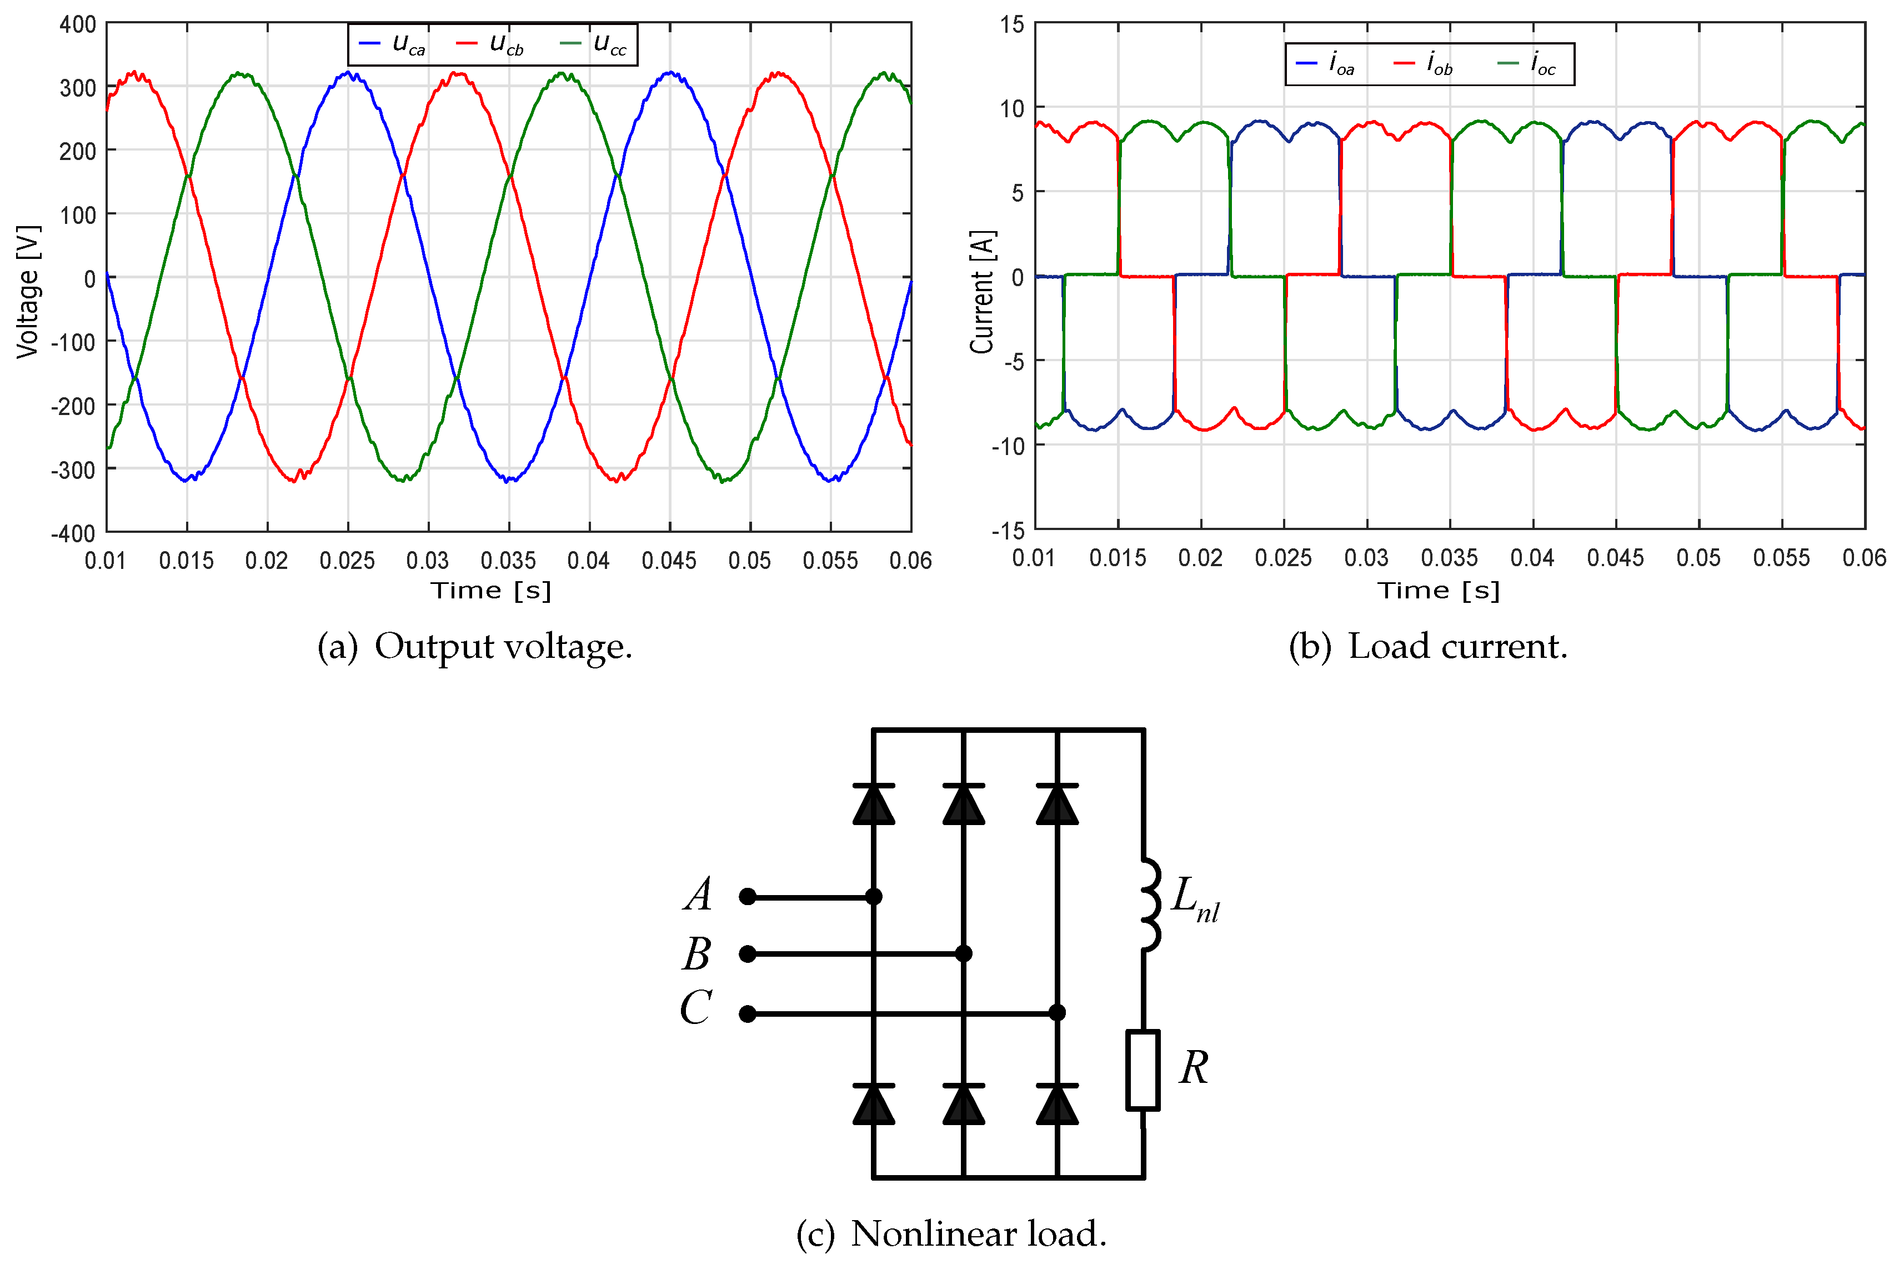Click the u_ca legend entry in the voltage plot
pyautogui.click(x=393, y=44)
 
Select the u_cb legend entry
pyautogui.click(x=490, y=44)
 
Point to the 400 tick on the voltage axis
pyautogui.click(x=78, y=24)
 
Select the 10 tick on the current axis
pyautogui.click(x=1011, y=108)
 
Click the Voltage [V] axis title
pyautogui.click(x=28, y=291)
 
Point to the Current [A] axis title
pyautogui.click(x=982, y=291)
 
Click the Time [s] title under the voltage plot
pyautogui.click(x=490, y=591)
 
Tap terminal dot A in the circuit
pyautogui.click(x=748, y=897)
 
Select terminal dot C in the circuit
pyautogui.click(x=748, y=1013)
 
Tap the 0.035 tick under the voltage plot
pyautogui.click(x=508, y=560)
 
